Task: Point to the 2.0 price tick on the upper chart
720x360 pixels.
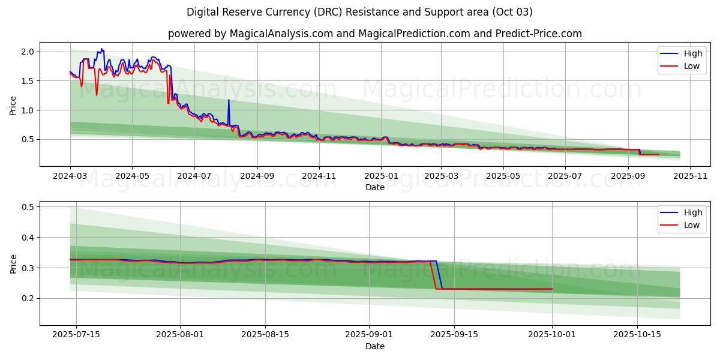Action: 26,52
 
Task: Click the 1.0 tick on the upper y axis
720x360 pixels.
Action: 26,110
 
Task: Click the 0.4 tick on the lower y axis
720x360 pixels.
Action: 26,238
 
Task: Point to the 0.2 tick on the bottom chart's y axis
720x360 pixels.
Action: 26,298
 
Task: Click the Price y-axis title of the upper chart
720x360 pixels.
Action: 13,106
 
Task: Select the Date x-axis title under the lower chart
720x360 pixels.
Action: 375,346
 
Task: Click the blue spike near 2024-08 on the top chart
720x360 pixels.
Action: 229,101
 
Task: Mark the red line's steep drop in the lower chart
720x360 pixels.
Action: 433,276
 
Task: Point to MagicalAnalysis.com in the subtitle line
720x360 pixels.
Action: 281,34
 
